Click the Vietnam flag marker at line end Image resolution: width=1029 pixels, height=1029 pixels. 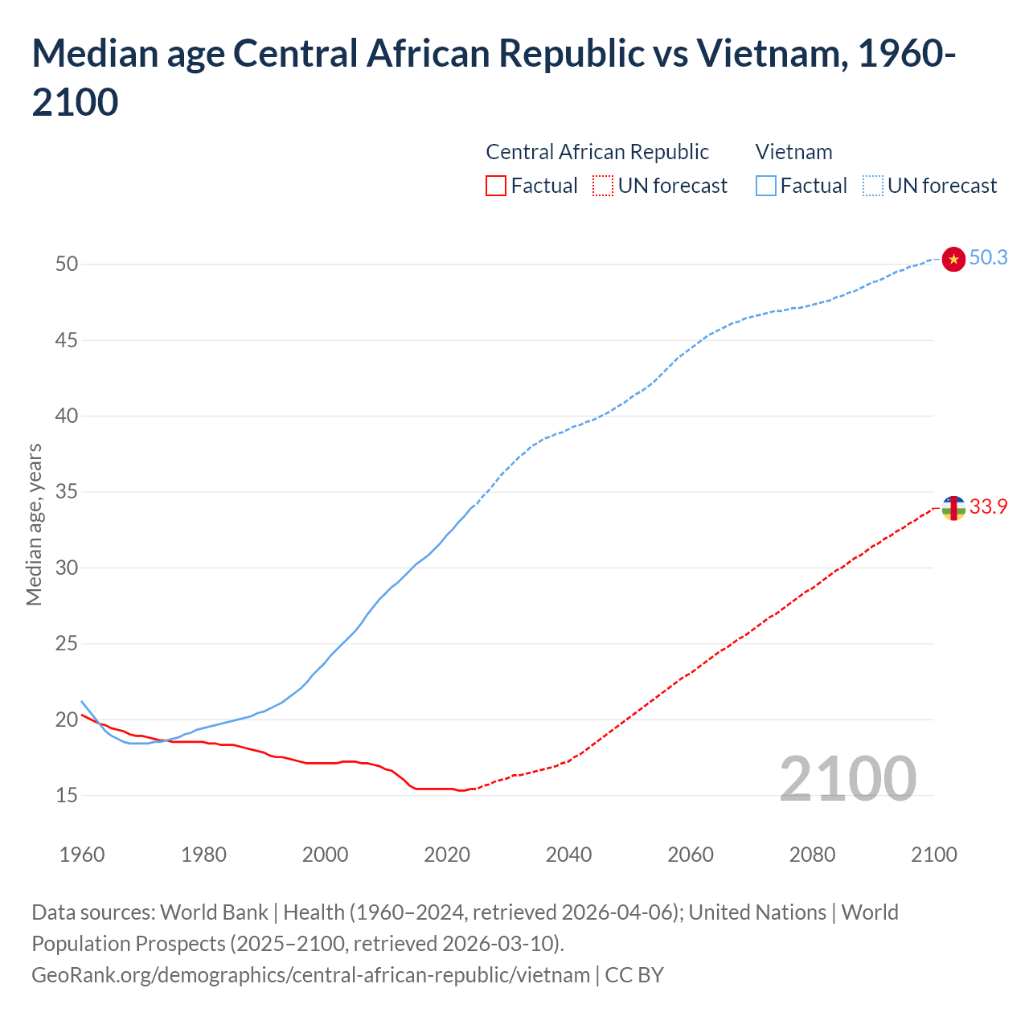pyautogui.click(x=953, y=259)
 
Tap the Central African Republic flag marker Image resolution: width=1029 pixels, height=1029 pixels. pyautogui.click(x=953, y=508)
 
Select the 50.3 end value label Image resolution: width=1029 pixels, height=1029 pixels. pyautogui.click(x=988, y=257)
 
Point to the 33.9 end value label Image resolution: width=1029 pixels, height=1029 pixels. pyautogui.click(x=988, y=506)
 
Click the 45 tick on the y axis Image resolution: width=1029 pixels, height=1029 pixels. pyautogui.click(x=67, y=340)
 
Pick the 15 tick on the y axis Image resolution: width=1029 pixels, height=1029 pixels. pyautogui.click(x=67, y=795)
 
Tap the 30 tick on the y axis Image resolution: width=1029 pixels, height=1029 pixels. pyautogui.click(x=67, y=568)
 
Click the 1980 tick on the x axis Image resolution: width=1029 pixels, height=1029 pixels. pyautogui.click(x=203, y=855)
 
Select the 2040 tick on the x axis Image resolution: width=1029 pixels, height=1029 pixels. pyautogui.click(x=568, y=855)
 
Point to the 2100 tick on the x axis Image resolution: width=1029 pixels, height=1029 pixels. pyautogui.click(x=933, y=855)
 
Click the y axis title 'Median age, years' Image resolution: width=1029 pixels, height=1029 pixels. pyautogui.click(x=34, y=524)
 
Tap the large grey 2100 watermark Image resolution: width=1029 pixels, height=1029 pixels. pyautogui.click(x=847, y=778)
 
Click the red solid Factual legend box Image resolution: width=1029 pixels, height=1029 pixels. pyautogui.click(x=496, y=186)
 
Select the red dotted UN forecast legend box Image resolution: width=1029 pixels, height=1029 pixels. pyautogui.click(x=603, y=186)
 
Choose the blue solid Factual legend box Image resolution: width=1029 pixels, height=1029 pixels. pyautogui.click(x=766, y=186)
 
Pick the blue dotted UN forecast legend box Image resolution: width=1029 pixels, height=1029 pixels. pyautogui.click(x=873, y=186)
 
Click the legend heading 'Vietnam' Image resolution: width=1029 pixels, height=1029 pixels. pyautogui.click(x=793, y=152)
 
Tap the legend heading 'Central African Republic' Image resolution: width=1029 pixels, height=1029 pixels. pyautogui.click(x=597, y=152)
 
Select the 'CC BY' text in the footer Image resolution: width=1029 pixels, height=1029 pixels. pyautogui.click(x=634, y=975)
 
